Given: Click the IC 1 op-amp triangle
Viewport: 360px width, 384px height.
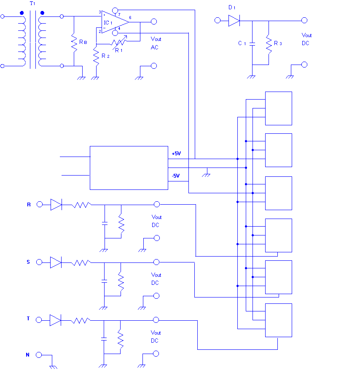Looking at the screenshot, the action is point(115,22).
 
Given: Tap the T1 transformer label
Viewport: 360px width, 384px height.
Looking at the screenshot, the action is point(32,3).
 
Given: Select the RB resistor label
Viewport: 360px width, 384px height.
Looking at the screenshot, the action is point(83,42).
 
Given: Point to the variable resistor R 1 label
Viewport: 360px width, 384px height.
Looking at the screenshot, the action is point(118,51).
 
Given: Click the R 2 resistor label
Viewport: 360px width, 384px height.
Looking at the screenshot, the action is point(105,56).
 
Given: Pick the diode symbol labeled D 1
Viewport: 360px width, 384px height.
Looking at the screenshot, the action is point(234,21).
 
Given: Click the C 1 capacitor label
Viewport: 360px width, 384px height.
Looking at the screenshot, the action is point(242,43).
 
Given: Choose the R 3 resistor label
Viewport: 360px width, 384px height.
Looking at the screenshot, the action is point(278,43).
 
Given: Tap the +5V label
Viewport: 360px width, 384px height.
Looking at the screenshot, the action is point(176,154).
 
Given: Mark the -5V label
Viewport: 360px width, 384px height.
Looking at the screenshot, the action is point(176,176).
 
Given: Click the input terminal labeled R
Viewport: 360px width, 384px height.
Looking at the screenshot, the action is point(40,204).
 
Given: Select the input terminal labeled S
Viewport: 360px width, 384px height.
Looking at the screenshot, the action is point(39,262).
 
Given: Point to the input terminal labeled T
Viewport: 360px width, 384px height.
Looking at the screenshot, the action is point(39,320).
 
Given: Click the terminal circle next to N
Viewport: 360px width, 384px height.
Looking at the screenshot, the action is point(39,355).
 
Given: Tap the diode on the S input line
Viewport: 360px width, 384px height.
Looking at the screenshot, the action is point(56,262).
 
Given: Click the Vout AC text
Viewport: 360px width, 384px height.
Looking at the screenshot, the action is point(156,43).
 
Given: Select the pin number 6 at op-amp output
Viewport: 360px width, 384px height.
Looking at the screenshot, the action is point(130,18).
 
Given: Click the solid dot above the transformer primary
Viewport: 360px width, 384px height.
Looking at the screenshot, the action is point(22,13).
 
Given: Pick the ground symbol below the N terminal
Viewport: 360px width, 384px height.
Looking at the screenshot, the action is point(53,367).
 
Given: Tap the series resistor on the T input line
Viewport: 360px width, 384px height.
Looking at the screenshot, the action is point(81,320).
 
